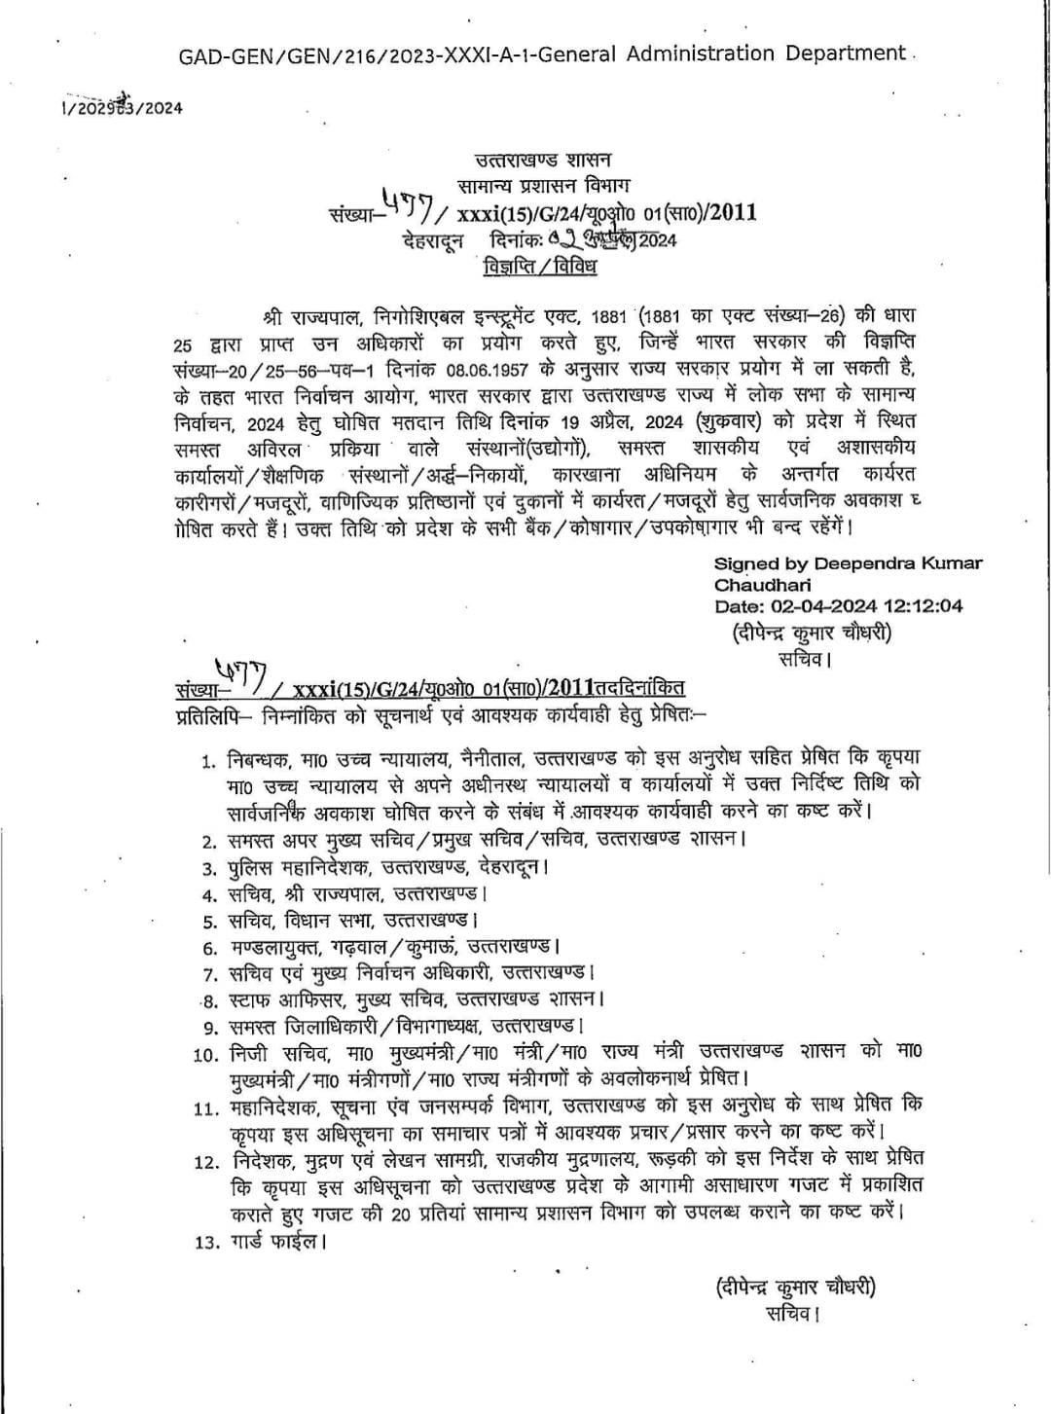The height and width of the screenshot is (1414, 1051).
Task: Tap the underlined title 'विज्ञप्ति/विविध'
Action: pyautogui.click(x=540, y=266)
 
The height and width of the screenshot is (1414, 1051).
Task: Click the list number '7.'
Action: pyautogui.click(x=209, y=974)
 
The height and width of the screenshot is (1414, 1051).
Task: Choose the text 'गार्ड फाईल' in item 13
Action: pyautogui.click(x=276, y=1242)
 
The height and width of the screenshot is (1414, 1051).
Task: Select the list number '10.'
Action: pyautogui.click(x=206, y=1053)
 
